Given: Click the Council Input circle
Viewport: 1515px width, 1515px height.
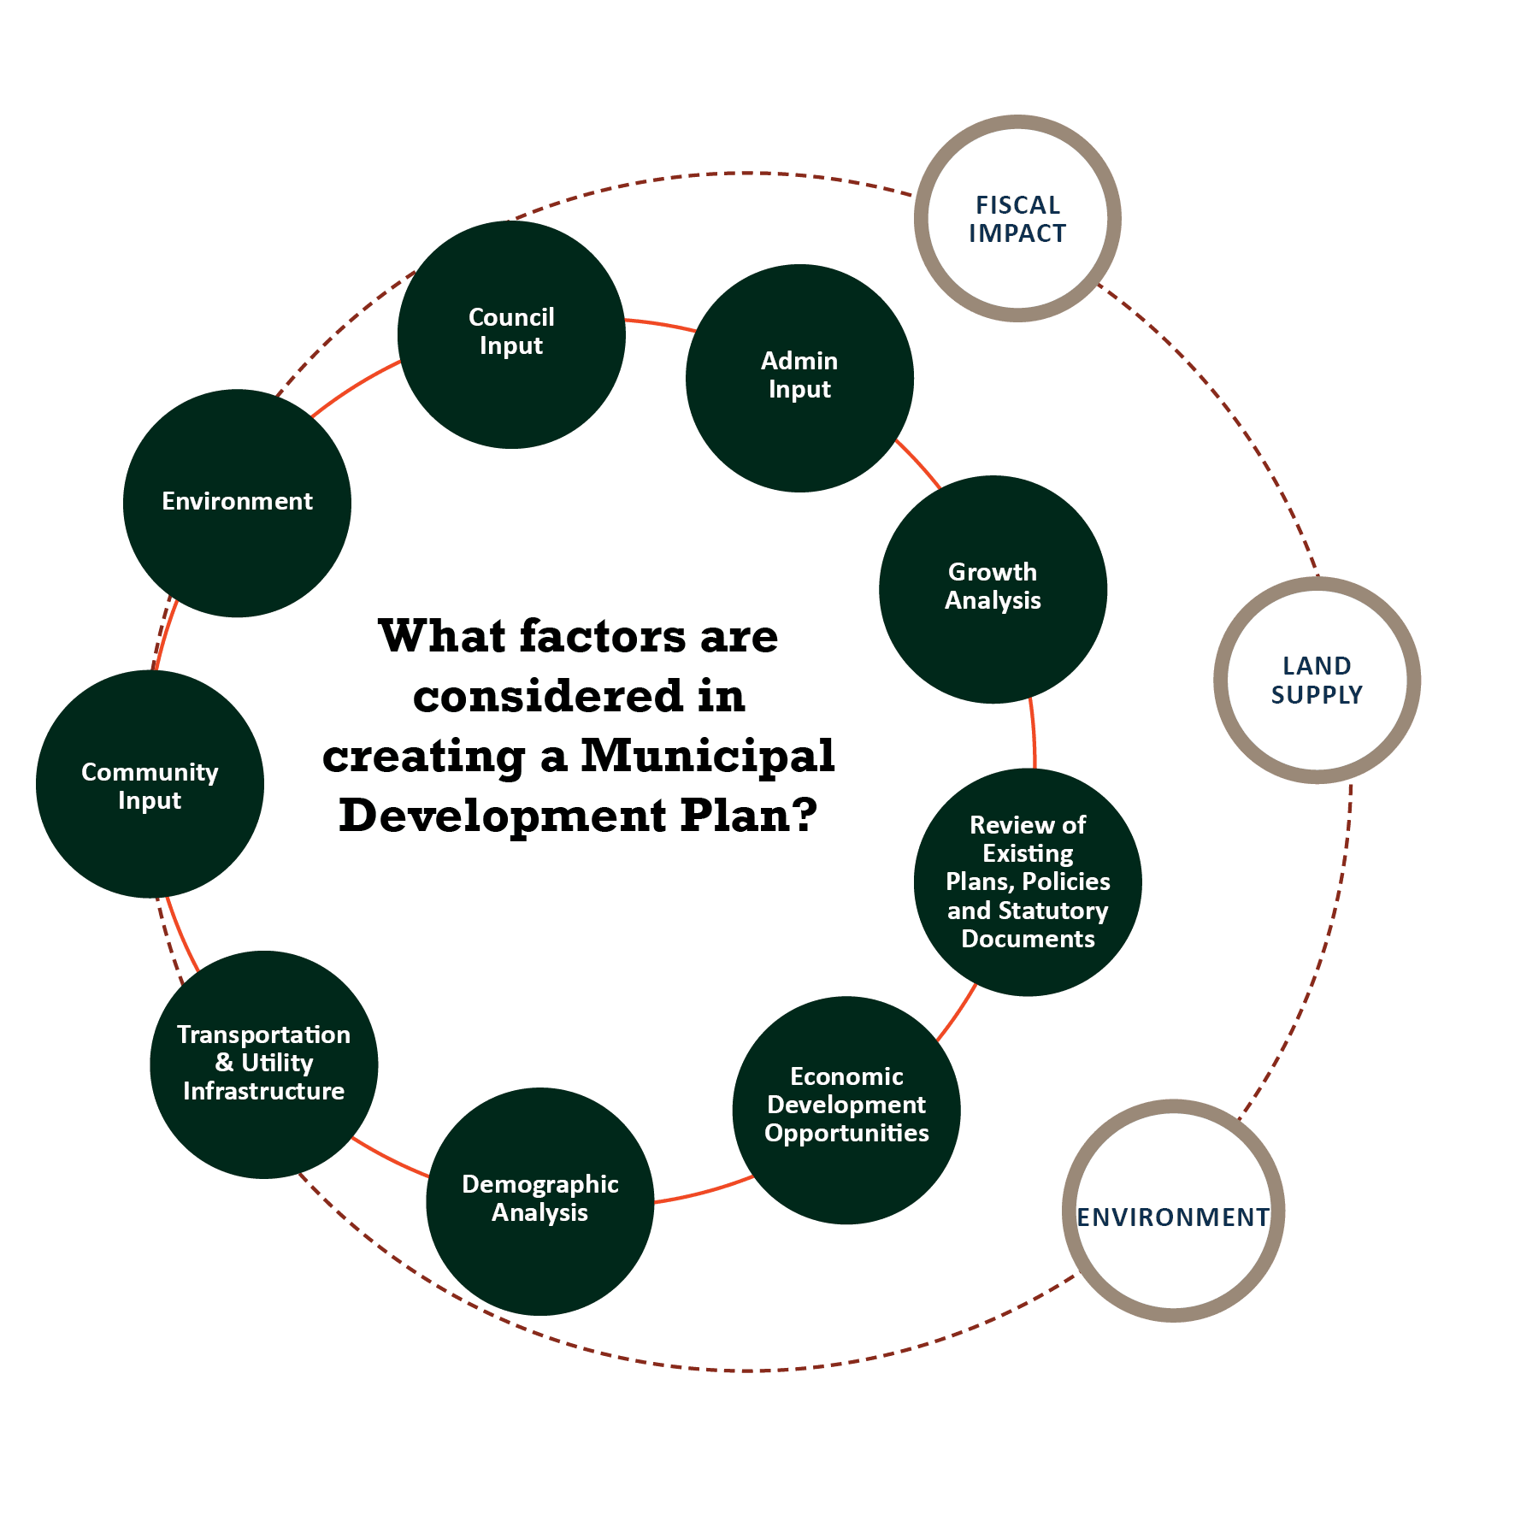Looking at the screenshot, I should coord(511,334).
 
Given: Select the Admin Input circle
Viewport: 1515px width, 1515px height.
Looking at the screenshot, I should coord(799,378).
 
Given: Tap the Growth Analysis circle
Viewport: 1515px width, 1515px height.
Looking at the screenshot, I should coord(993,589).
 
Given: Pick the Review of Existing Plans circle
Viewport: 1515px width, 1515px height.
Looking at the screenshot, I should coord(1028,881).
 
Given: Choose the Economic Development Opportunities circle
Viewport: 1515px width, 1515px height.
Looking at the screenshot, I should coord(846,1110).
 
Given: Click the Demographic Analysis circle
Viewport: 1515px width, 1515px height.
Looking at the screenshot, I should coord(539,1201).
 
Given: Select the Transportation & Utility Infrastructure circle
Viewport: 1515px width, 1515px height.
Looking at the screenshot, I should coord(263,1064).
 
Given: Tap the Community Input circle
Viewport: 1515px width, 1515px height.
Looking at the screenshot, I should coord(150,784).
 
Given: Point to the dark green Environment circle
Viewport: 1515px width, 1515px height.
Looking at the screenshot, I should coord(237,503).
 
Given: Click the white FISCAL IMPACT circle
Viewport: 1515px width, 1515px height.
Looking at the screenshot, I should coord(1017,219).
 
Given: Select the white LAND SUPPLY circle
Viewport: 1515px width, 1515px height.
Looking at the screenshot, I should coord(1317,681).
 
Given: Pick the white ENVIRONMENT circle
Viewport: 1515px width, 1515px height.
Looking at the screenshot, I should coord(1173,1211).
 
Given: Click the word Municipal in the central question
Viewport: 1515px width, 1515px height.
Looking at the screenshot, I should coord(707,756).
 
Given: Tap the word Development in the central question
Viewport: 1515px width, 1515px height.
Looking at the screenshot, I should coord(502,816).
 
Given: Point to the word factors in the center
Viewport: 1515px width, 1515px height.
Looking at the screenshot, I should coord(602,637).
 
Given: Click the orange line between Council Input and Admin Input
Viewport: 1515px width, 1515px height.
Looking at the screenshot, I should coord(659,324).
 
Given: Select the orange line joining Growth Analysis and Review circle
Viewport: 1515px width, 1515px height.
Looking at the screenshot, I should coord(1034,734).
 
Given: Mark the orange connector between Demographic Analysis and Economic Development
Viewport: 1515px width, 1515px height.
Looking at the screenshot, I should coord(703,1192).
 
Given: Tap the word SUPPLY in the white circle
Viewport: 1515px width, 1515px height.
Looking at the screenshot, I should coord(1317,695).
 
